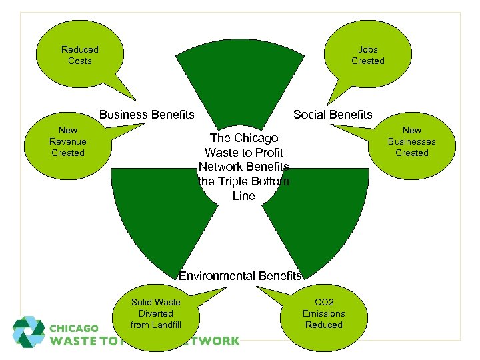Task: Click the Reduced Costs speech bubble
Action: [79, 55]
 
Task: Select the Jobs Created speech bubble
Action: [368, 55]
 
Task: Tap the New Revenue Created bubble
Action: [68, 141]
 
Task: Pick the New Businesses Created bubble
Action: [411, 141]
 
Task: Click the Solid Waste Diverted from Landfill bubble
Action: [155, 314]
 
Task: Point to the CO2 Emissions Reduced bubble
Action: [323, 314]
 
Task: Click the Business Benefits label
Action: [147, 115]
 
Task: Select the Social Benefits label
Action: [333, 115]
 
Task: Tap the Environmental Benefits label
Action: [240, 276]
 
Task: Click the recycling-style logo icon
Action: [29, 331]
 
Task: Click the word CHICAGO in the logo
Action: [75, 329]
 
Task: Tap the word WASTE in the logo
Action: [75, 341]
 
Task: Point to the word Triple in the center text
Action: [230, 181]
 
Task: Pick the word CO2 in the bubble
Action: [323, 302]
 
